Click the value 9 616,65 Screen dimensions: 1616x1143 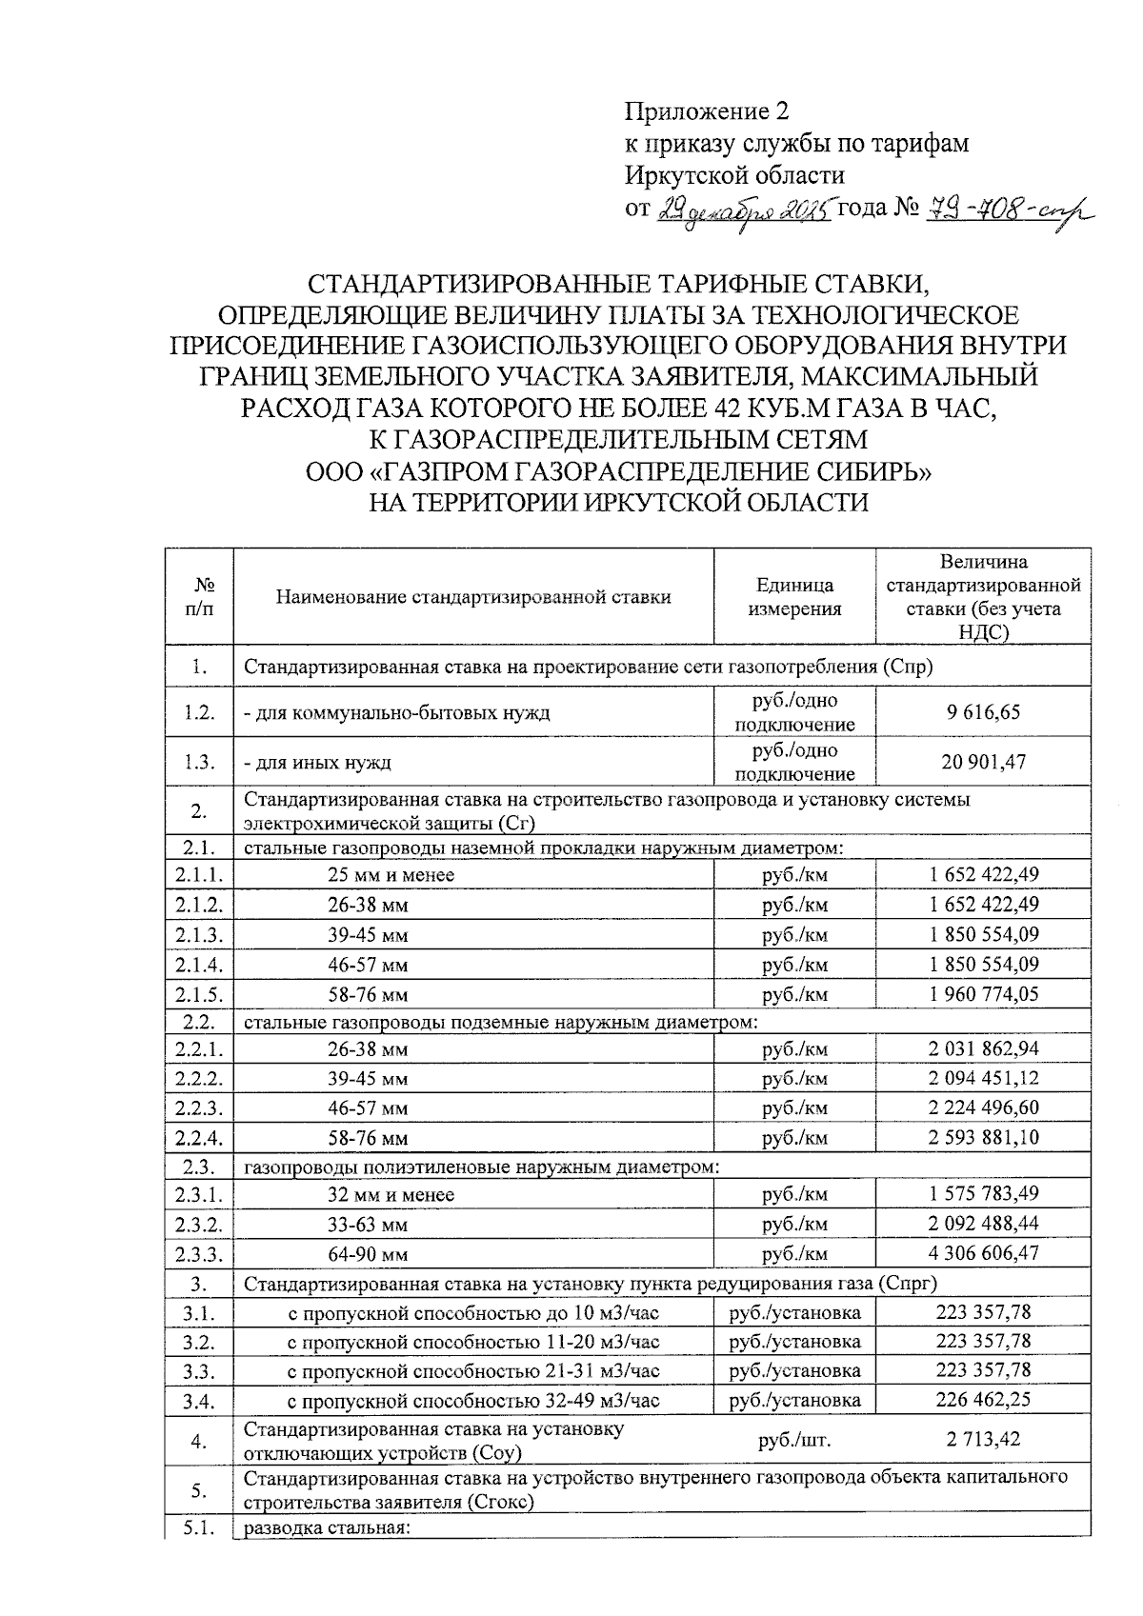983,712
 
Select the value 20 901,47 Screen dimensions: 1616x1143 983,762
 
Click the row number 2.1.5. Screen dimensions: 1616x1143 199,995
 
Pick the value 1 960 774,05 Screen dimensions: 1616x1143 983,994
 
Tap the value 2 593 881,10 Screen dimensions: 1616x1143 983,1137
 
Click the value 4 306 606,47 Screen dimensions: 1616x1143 983,1253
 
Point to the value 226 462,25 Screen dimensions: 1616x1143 983,1400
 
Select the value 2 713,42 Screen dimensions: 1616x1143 983,1439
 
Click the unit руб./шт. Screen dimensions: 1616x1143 794,1440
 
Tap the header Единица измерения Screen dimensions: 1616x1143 794,597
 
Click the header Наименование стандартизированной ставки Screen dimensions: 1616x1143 473,597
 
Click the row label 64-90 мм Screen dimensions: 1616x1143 368,1254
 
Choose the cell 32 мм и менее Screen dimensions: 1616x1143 391,1195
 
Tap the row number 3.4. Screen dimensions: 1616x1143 199,1401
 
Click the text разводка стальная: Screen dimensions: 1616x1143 327,1529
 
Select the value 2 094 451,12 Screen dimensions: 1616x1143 983,1078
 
